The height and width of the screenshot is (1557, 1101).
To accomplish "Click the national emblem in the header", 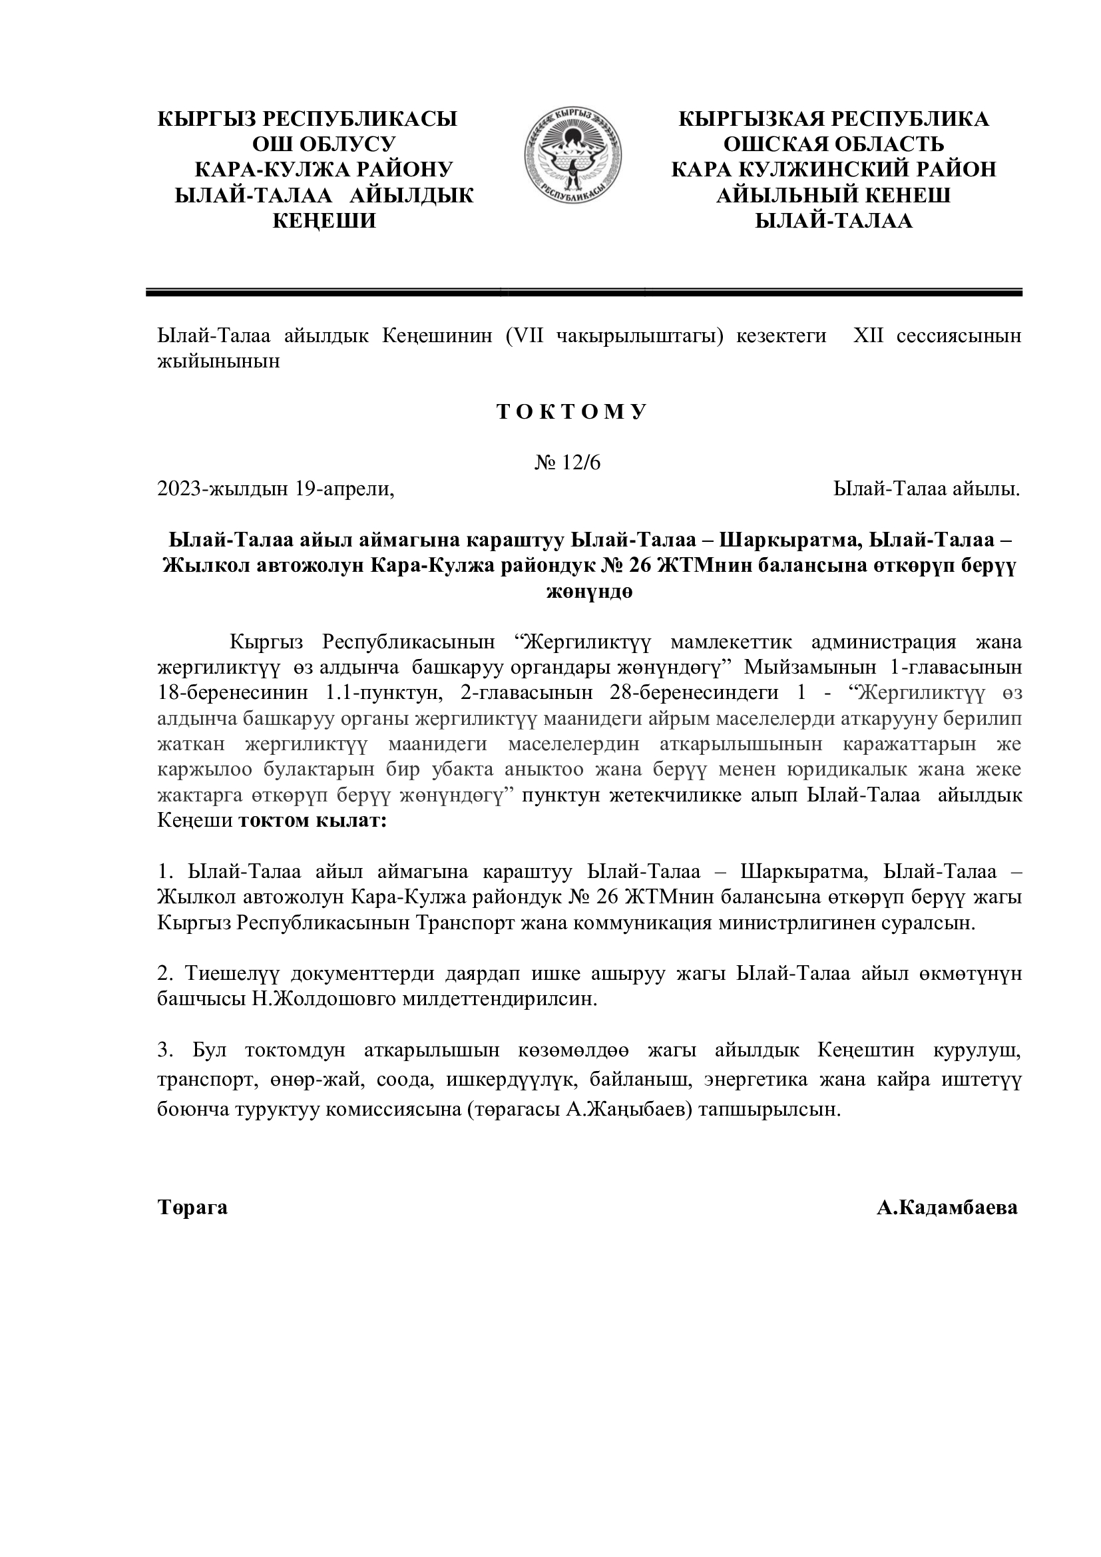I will (573, 155).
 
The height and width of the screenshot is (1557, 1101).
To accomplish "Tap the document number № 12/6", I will (567, 463).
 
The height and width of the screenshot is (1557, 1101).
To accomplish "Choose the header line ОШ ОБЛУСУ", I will (324, 144).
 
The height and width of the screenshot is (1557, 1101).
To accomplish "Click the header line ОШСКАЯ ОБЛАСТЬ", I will (833, 144).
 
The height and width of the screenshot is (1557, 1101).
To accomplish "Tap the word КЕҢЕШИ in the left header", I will (324, 221).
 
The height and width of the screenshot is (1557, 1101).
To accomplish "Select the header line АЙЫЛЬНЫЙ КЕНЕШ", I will (833, 195).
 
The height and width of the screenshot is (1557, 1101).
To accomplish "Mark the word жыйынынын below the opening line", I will (218, 361).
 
